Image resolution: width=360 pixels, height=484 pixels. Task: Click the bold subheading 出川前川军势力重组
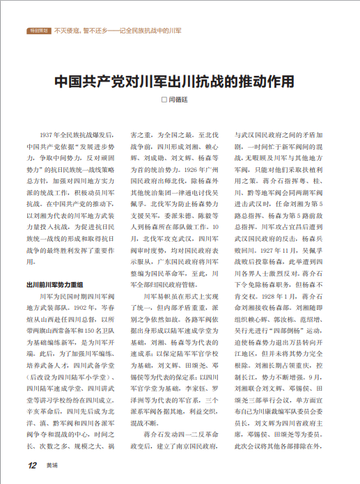55,284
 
